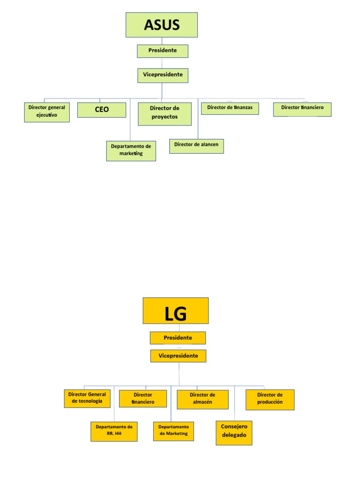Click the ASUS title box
tap(162, 25)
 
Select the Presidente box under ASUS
tap(163, 51)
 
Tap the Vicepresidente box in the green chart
tap(163, 75)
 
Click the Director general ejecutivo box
tap(47, 112)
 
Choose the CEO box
tap(102, 110)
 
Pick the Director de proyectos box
tap(165, 114)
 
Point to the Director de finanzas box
tap(230, 108)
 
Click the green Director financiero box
tap(302, 109)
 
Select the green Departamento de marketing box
tap(131, 150)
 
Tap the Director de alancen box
tap(196, 146)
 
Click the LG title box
tap(176, 310)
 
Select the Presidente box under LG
tap(178, 337)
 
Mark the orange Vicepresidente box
tap(178, 356)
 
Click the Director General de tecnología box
tap(87, 398)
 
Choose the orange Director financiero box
tap(143, 398)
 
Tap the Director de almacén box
tap(202, 399)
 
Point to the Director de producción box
tap(270, 399)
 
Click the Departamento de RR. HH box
tap(114, 431)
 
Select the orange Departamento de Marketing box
tap(173, 431)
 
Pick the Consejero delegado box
tap(234, 433)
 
